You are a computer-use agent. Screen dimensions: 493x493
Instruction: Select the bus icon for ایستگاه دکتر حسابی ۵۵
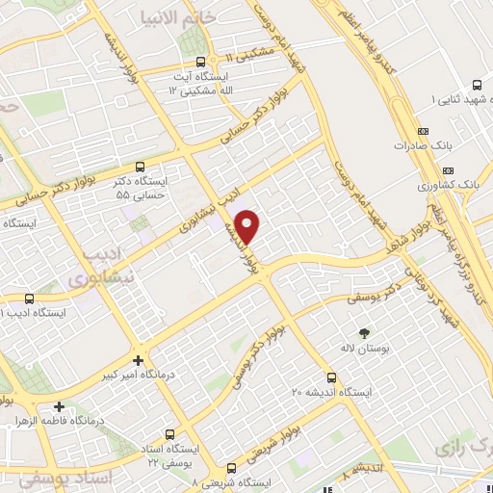[142, 166]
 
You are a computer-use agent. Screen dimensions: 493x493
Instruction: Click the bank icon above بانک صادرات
[422, 132]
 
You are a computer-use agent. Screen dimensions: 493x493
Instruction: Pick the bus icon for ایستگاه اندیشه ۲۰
[331, 376]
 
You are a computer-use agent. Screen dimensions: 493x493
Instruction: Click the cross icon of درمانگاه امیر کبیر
[140, 361]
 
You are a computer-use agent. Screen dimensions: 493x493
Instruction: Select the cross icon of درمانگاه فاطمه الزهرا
[61, 407]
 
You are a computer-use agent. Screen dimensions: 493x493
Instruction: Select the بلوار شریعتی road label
[304, 428]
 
